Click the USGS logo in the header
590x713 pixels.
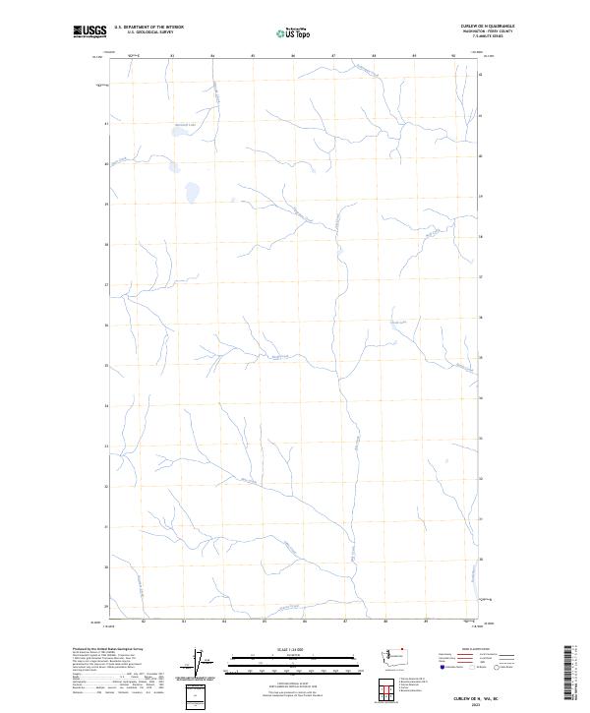tap(90, 31)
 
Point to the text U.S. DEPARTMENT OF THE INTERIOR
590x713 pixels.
tap(148, 28)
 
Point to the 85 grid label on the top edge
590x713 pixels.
tap(253, 56)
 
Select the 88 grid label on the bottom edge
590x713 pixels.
tap(385, 622)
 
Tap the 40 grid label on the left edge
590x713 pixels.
tap(106, 163)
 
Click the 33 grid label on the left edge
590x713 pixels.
tap(106, 446)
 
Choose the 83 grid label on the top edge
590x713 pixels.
tap(172, 56)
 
